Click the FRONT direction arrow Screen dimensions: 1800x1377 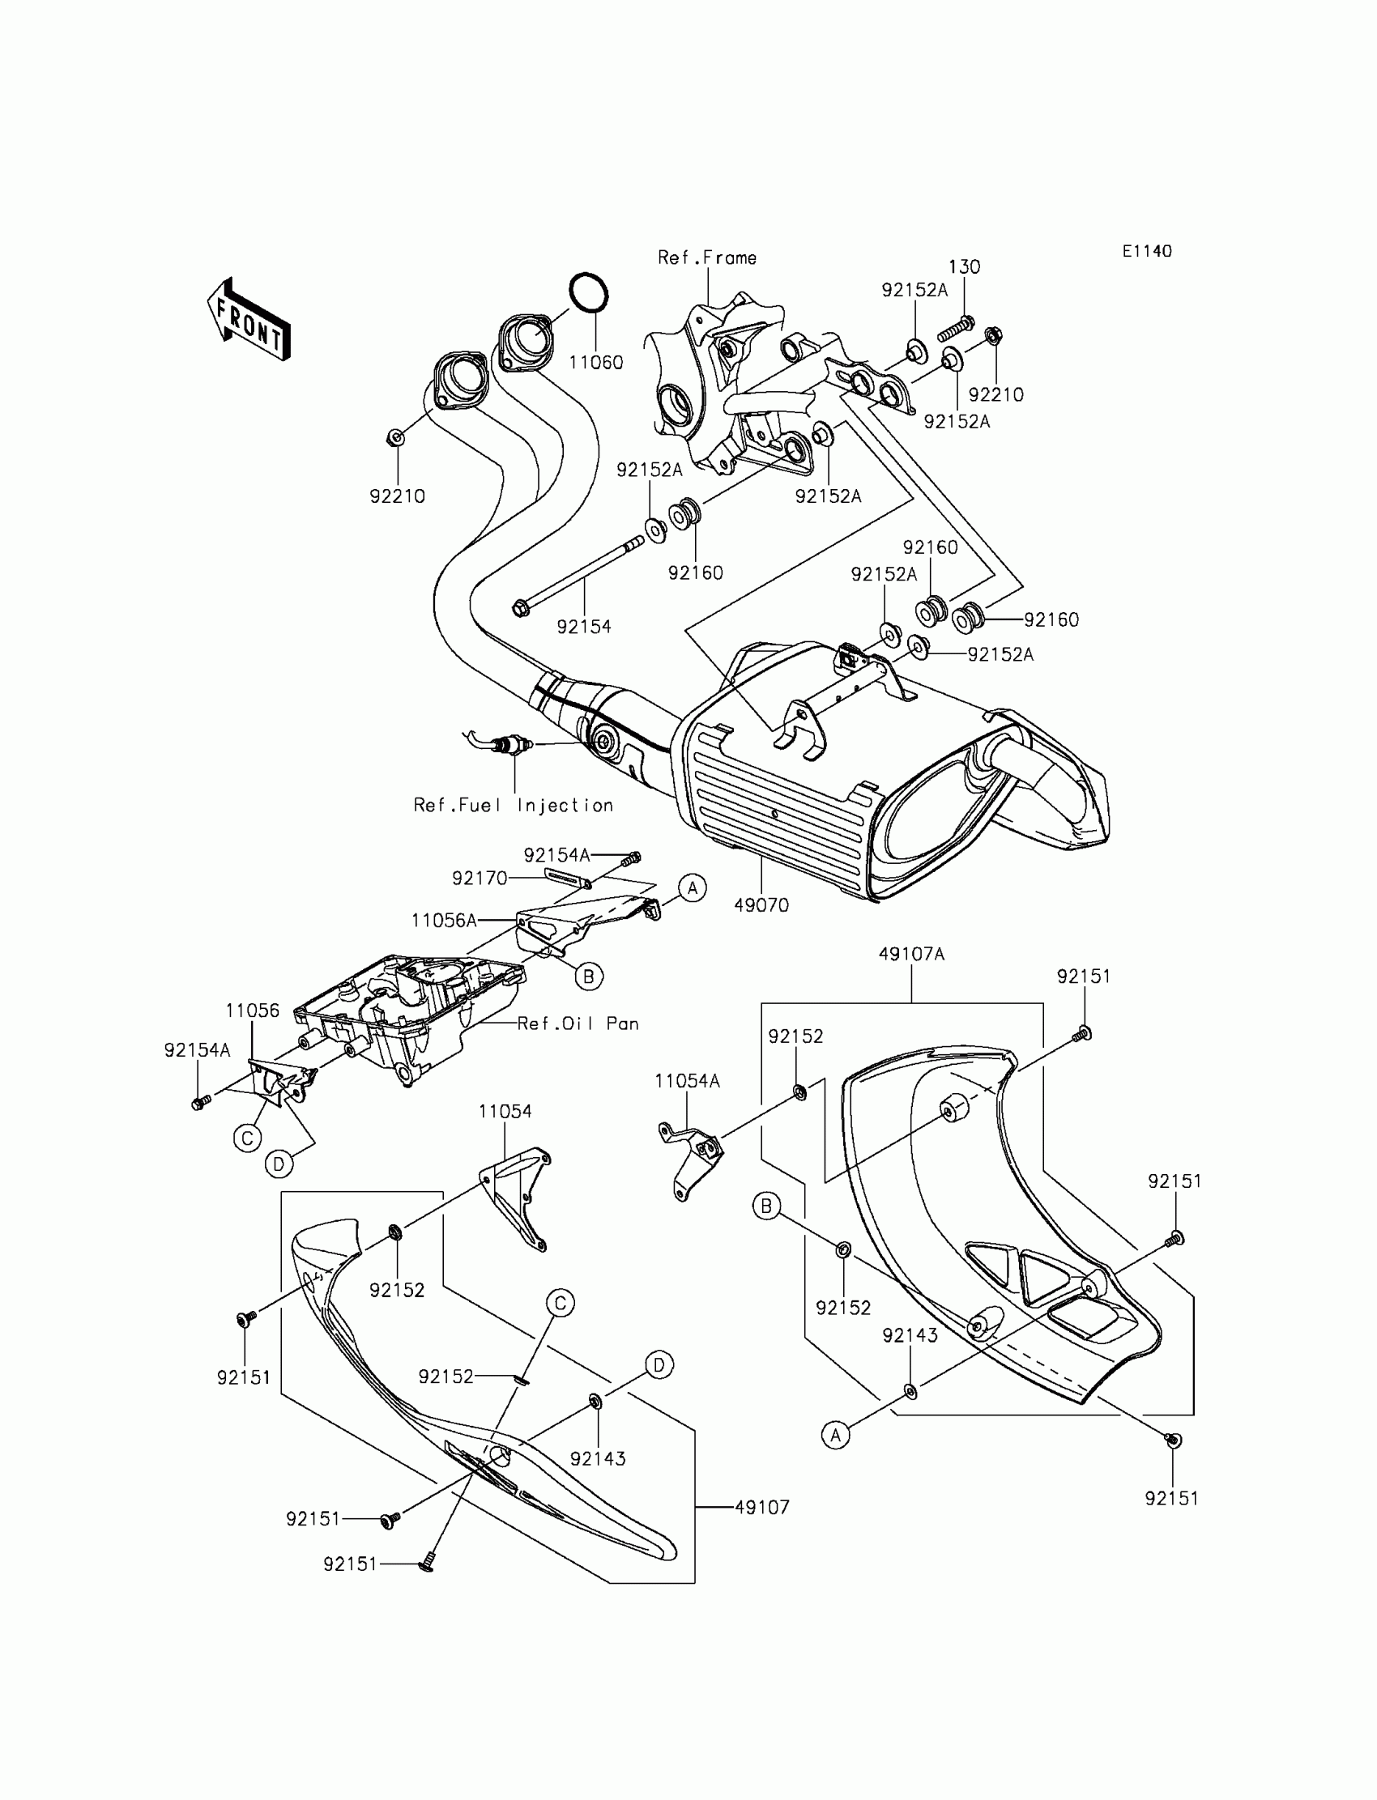(249, 321)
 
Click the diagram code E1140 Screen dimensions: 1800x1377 (1147, 252)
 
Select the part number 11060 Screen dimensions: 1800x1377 (596, 362)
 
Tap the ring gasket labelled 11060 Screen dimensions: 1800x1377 (589, 292)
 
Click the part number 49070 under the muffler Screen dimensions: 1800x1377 (761, 905)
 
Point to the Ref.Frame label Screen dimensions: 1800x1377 (706, 258)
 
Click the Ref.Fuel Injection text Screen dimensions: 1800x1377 (513, 806)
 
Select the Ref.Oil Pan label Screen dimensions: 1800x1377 (578, 1023)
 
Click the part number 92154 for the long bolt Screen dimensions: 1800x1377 (583, 627)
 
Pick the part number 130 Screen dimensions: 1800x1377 (964, 267)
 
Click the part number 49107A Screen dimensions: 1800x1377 (911, 955)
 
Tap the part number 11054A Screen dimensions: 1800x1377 (687, 1082)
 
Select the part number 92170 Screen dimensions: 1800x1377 (480, 879)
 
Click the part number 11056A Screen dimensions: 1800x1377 (443, 921)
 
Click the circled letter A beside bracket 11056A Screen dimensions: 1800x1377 (693, 887)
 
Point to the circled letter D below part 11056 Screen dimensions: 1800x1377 (279, 1164)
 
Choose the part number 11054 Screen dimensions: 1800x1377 (505, 1112)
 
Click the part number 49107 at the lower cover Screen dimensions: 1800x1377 (761, 1507)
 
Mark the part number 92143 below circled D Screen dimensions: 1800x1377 (598, 1458)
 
